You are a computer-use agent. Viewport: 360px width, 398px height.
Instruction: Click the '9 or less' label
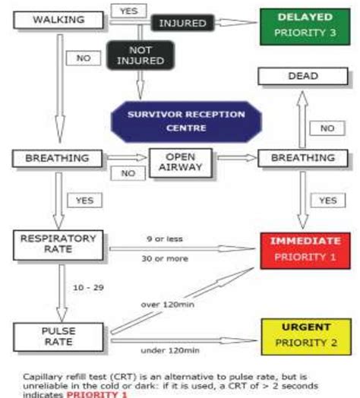pyautogui.click(x=165, y=238)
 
